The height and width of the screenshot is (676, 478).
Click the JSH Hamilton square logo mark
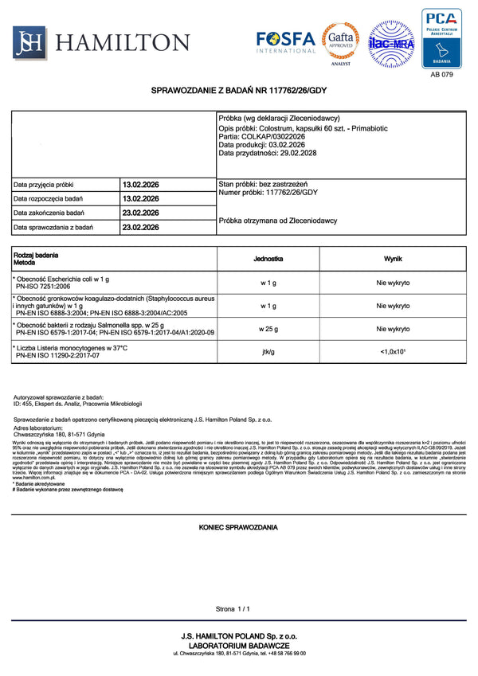pyautogui.click(x=28, y=42)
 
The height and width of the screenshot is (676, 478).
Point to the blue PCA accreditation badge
pyautogui.click(x=441, y=37)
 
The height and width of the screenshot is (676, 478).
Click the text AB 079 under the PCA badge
pyautogui.click(x=441, y=74)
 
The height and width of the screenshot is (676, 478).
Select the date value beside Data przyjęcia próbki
pyautogui.click(x=141, y=185)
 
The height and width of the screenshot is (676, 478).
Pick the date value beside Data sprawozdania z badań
pyautogui.click(x=141, y=228)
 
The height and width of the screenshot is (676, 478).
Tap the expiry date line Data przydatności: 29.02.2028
pyautogui.click(x=268, y=153)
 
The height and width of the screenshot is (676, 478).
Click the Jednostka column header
pyautogui.click(x=268, y=260)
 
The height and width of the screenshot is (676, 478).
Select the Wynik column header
pyautogui.click(x=393, y=260)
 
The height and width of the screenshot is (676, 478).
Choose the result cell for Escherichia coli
pyautogui.click(x=393, y=282)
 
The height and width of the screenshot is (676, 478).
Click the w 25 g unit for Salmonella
pyautogui.click(x=268, y=329)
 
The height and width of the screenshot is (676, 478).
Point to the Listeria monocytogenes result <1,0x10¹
pyautogui.click(x=393, y=353)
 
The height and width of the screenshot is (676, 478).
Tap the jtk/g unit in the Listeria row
pyautogui.click(x=268, y=353)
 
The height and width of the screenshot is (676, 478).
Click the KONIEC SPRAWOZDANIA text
pyautogui.click(x=238, y=528)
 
